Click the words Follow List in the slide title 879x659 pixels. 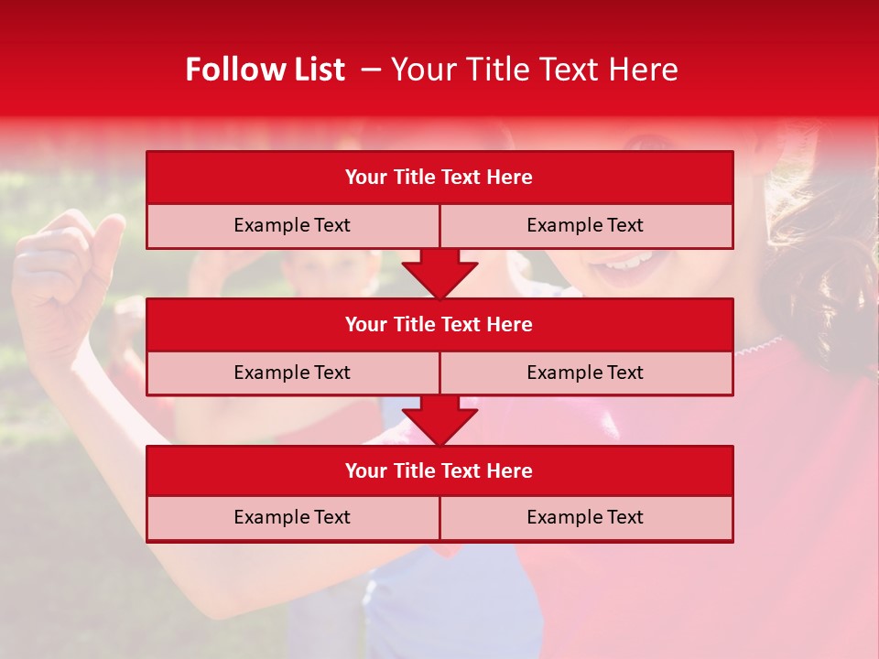265,70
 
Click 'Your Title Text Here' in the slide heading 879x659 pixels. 534,70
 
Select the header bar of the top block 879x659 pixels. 439,177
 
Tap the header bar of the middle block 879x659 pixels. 439,324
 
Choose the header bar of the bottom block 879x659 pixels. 439,470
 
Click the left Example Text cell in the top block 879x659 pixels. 292,225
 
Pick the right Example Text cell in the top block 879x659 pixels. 586,225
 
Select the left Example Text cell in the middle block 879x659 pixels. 292,373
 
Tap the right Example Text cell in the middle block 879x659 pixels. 586,373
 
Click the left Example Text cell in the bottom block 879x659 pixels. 292,517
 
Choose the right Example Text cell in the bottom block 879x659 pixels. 586,517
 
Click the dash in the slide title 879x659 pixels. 371,70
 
